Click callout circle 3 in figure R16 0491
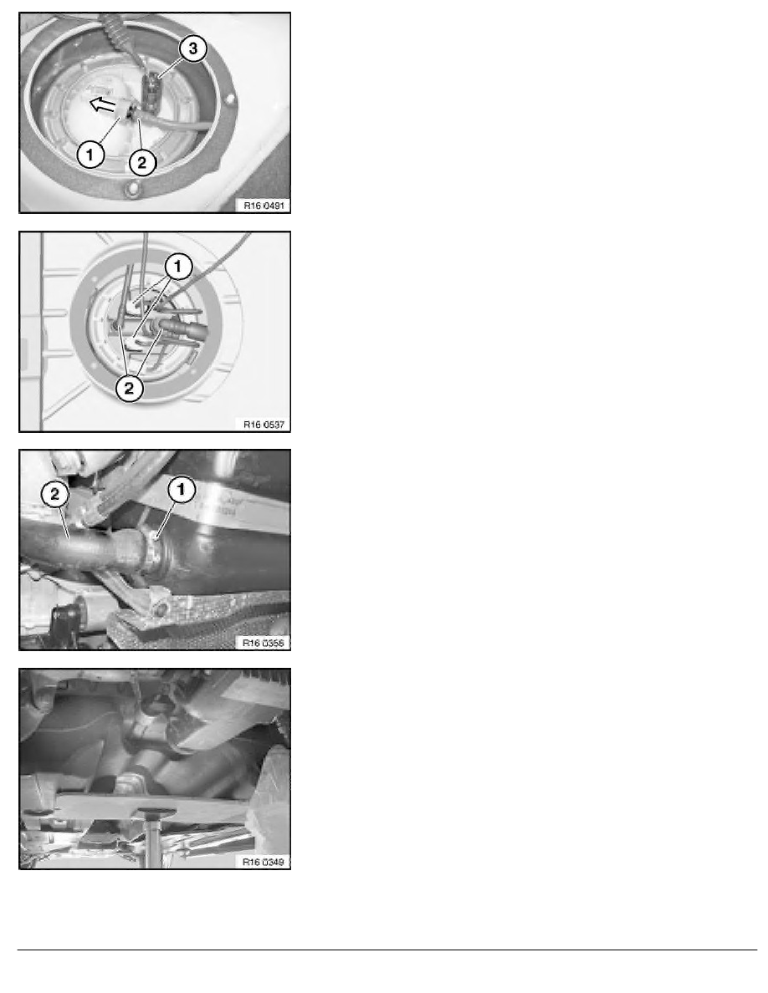(193, 48)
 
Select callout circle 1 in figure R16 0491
(90, 155)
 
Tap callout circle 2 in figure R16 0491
(142, 163)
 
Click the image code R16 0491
(264, 205)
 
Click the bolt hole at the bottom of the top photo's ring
(132, 188)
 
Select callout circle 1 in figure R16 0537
(177, 267)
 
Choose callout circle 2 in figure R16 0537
(130, 388)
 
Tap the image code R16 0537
(264, 425)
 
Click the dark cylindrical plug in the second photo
(186, 329)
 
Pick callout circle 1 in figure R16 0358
(182, 490)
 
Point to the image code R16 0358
(264, 643)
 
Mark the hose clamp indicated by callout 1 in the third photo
(151, 547)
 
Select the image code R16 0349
(264, 862)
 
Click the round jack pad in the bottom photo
(152, 812)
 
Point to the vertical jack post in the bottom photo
(153, 843)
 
